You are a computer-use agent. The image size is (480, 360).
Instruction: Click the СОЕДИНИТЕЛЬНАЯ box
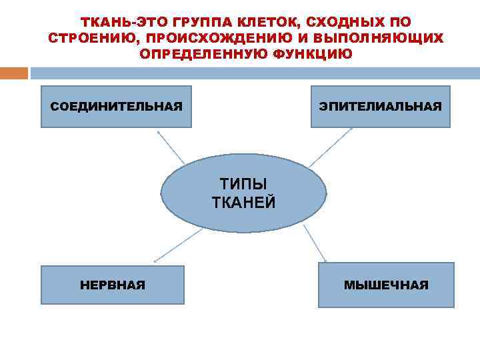coord(116,107)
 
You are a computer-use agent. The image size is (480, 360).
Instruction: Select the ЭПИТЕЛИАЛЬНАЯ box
coord(380,107)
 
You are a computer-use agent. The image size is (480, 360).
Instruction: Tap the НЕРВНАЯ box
coord(112,285)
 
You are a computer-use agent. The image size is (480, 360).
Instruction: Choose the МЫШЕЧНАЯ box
coord(386,285)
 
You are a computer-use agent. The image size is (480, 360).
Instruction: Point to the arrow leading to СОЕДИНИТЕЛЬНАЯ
coord(171,147)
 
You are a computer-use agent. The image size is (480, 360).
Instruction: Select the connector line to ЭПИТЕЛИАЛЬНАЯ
coord(331,147)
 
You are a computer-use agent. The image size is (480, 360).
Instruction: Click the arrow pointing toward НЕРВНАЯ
coord(178,245)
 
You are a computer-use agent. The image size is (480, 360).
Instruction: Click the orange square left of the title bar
coord(14,73)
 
